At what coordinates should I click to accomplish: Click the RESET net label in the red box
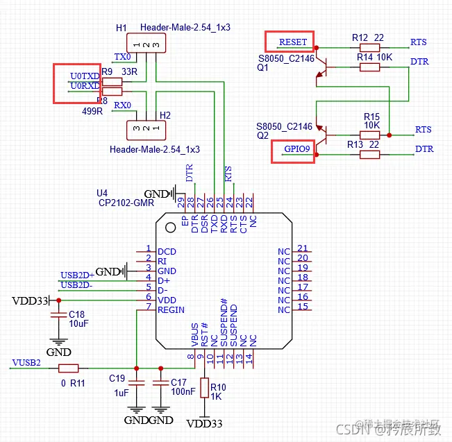click(x=292, y=42)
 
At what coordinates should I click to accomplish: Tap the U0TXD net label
click(x=84, y=75)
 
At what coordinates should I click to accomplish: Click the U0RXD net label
click(x=84, y=86)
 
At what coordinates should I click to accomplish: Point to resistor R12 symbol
click(x=369, y=49)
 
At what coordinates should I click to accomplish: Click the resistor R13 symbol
click(x=369, y=155)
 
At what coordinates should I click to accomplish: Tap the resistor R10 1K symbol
click(x=204, y=388)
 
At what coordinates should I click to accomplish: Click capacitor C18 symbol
click(x=58, y=315)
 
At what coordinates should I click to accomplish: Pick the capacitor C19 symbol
click(x=136, y=383)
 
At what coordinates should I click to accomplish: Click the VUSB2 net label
click(x=26, y=362)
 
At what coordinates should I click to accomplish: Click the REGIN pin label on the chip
click(x=171, y=309)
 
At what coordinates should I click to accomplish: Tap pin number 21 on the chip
click(x=302, y=248)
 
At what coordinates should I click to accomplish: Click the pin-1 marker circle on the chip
click(x=170, y=227)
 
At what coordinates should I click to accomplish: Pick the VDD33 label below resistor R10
click(x=205, y=423)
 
